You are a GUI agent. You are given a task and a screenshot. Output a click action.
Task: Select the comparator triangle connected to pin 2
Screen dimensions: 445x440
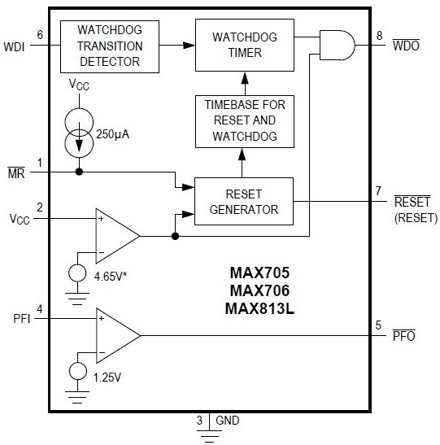(114, 236)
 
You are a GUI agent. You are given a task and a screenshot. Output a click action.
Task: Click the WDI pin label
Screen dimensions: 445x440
(15, 46)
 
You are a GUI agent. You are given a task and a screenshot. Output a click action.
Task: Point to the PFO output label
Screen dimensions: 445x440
(403, 336)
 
